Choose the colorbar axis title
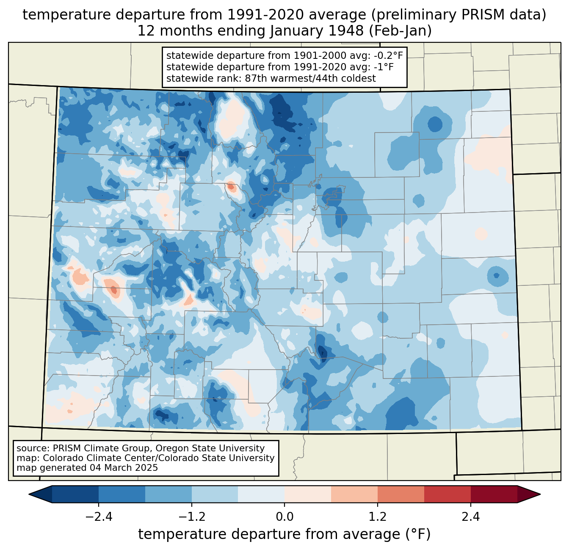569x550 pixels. (x=284, y=534)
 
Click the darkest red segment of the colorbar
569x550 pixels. (x=494, y=494)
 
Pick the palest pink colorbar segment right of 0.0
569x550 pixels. (x=308, y=494)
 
